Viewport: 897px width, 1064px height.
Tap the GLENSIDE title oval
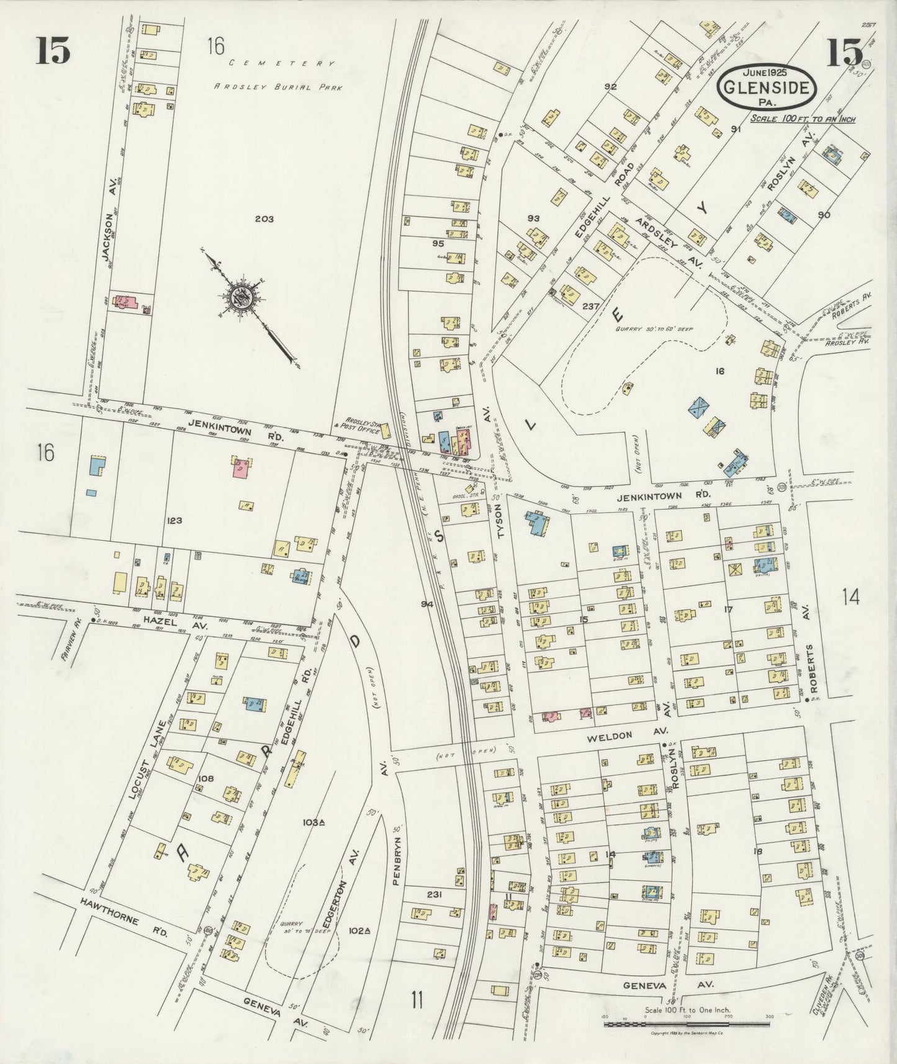tap(765, 88)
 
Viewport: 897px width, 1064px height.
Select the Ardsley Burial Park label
tap(278, 87)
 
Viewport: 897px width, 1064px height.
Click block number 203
tap(263, 219)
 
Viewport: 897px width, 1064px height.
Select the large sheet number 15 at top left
tap(53, 50)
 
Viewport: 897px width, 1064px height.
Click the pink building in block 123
tap(241, 467)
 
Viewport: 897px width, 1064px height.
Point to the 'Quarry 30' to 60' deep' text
tap(646, 330)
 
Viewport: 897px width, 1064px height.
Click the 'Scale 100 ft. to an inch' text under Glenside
tap(802, 119)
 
